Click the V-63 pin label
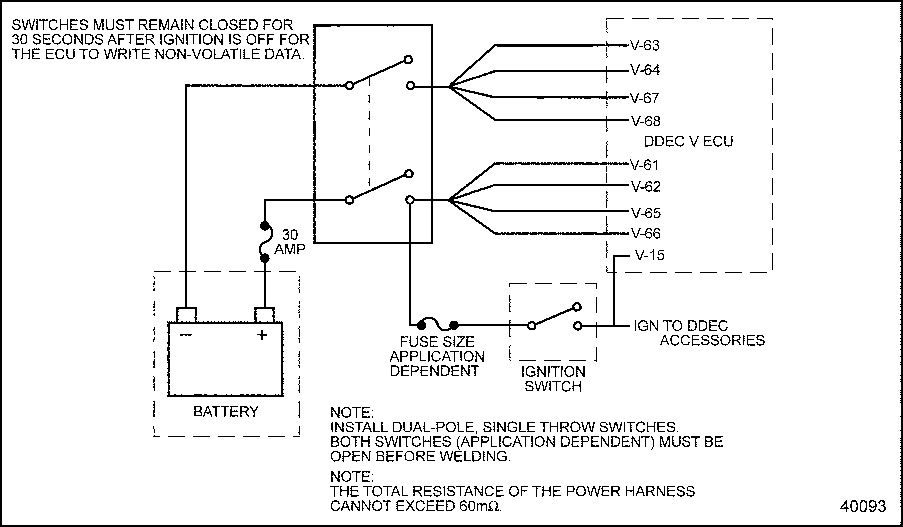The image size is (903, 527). (645, 45)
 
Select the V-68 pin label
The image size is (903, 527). (645, 121)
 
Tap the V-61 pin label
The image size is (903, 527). (645, 165)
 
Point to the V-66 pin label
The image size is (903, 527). (645, 233)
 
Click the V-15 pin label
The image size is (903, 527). (649, 255)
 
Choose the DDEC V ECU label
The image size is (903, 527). (688, 142)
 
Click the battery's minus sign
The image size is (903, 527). (185, 335)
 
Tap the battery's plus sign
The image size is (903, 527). (262, 335)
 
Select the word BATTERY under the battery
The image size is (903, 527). (226, 411)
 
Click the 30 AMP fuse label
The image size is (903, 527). (290, 242)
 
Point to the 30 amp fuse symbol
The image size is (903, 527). (265, 242)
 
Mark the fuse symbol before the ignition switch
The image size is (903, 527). (438, 326)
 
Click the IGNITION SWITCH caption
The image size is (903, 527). (553, 379)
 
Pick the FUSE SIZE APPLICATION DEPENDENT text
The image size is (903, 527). (437, 356)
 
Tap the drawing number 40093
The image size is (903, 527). (863, 506)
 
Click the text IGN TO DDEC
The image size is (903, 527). (681, 326)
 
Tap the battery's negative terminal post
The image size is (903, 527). (186, 315)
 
